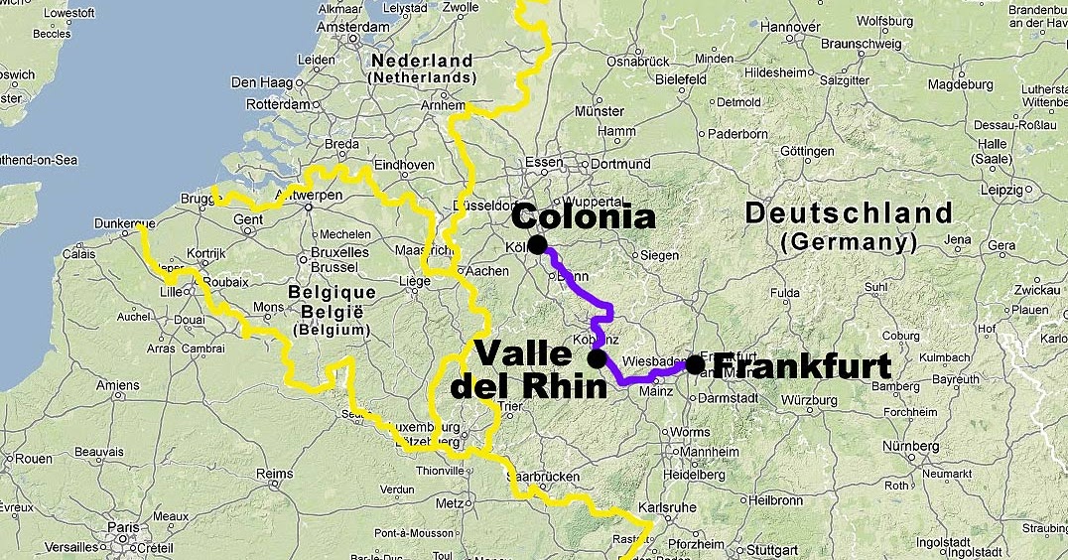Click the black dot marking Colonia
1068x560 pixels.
click(x=537, y=244)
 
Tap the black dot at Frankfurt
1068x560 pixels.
click(x=695, y=365)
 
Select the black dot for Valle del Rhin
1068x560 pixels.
click(x=598, y=358)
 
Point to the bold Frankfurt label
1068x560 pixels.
click(x=802, y=366)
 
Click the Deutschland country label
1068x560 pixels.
click(x=848, y=212)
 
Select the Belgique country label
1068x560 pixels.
click(x=332, y=292)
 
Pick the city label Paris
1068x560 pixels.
click(x=124, y=527)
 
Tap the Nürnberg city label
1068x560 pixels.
click(x=909, y=446)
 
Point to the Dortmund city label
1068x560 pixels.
click(x=620, y=164)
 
